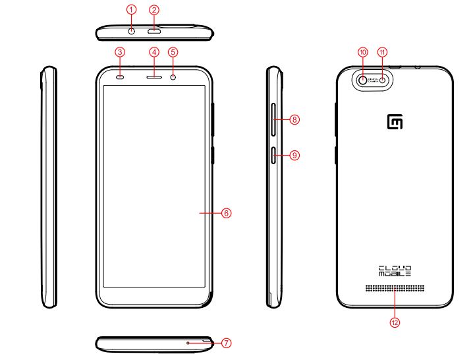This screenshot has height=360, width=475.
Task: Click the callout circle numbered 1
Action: click(x=132, y=10)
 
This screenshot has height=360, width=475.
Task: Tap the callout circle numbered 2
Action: click(x=154, y=10)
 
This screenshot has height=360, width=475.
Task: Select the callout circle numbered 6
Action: click(x=225, y=213)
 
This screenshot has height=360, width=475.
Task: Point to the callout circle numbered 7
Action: click(x=226, y=343)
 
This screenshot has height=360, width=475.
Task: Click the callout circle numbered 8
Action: click(x=295, y=120)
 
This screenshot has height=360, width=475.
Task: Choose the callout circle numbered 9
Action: click(x=295, y=156)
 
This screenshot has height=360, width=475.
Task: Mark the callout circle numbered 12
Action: click(x=395, y=322)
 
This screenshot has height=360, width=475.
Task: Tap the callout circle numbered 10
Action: click(x=362, y=51)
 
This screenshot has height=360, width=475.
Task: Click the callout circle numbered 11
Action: click(x=383, y=51)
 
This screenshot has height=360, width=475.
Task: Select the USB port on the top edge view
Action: click(x=154, y=31)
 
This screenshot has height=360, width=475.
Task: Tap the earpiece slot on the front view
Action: click(x=154, y=77)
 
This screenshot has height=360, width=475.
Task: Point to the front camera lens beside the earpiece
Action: click(x=173, y=77)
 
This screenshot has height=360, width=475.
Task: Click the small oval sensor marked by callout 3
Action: click(x=120, y=77)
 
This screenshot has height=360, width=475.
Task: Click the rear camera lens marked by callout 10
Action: click(x=363, y=80)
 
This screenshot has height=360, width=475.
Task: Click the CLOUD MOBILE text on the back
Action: click(x=395, y=270)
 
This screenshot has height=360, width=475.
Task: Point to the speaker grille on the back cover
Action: click(x=395, y=289)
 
